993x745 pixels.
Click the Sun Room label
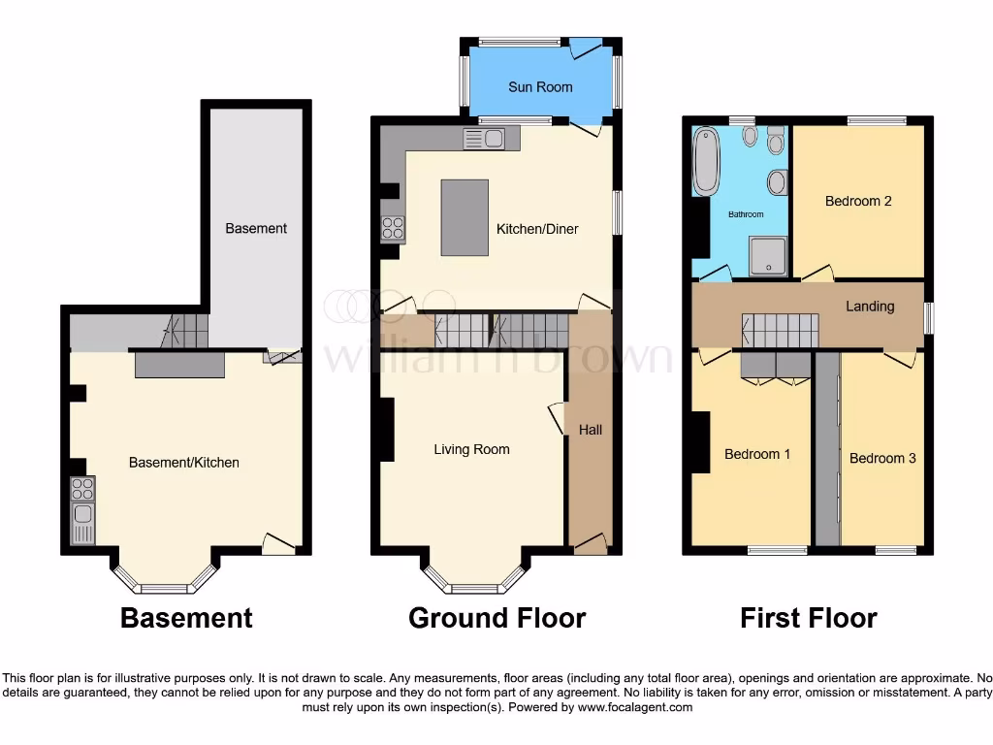pyautogui.click(x=540, y=87)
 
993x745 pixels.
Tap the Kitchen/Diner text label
pyautogui.click(x=537, y=229)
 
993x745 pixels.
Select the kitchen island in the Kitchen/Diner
pyautogui.click(x=464, y=217)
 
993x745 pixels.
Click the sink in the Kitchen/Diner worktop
pyautogui.click(x=484, y=140)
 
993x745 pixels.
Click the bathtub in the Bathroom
pyautogui.click(x=705, y=160)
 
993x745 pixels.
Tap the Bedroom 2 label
pyautogui.click(x=858, y=202)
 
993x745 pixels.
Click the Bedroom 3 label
pyautogui.click(x=882, y=458)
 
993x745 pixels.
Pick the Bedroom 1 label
pyautogui.click(x=757, y=454)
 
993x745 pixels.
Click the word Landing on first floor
pyautogui.click(x=870, y=307)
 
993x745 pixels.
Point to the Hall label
pyautogui.click(x=591, y=429)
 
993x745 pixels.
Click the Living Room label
pyautogui.click(x=471, y=449)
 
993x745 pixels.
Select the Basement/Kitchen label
pyautogui.click(x=184, y=463)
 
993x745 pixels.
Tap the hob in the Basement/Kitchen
pyautogui.click(x=81, y=489)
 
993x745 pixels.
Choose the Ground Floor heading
pyautogui.click(x=496, y=618)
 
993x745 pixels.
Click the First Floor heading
pyautogui.click(x=809, y=618)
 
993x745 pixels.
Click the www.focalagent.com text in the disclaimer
pyautogui.click(x=635, y=708)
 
